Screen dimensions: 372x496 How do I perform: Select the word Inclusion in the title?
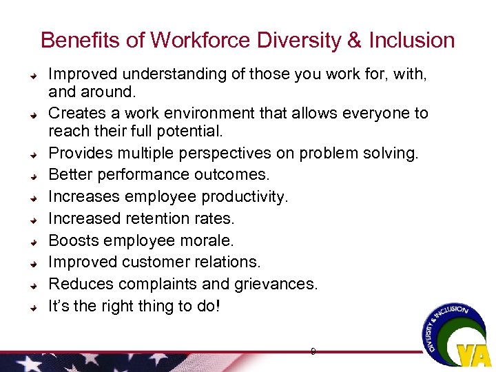(411, 40)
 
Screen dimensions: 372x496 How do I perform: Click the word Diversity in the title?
(290, 40)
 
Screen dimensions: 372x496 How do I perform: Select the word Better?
(69, 175)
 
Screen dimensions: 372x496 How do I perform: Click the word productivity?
(245, 196)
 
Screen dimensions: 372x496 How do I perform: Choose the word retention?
(160, 218)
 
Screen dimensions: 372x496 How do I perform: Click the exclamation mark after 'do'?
(218, 306)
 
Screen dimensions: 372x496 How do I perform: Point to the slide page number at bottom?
(313, 351)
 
